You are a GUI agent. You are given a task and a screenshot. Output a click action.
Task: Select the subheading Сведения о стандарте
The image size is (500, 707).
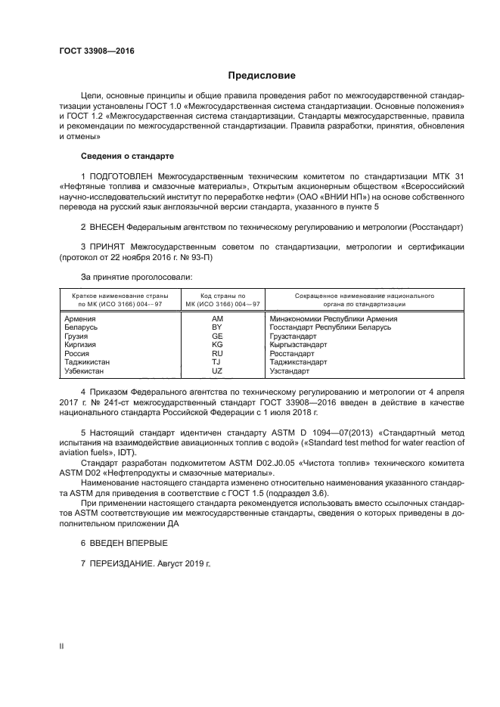tap(128, 156)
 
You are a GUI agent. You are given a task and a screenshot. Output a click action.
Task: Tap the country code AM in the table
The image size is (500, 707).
tap(218, 318)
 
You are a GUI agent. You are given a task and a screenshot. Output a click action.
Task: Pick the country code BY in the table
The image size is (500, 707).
tap(218, 327)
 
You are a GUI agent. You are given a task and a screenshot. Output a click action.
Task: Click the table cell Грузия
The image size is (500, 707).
tap(79, 336)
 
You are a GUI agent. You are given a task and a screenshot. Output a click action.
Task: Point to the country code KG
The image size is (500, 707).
tap(218, 345)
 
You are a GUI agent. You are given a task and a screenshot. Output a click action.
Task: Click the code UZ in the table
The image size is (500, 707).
tap(218, 371)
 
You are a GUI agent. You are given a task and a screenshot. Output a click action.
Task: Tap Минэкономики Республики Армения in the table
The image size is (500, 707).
tap(333, 318)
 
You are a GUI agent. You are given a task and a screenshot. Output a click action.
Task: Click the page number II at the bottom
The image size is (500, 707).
tap(62, 645)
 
